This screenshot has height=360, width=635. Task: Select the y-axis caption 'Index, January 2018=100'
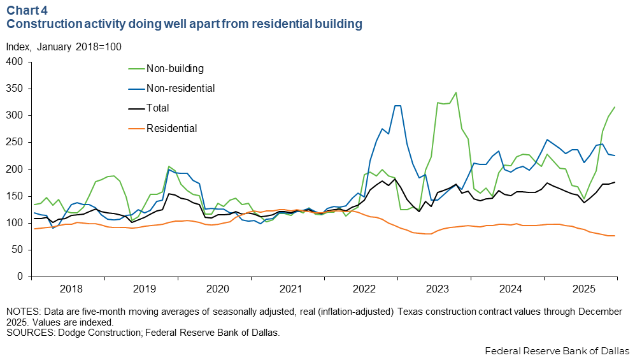(x=64, y=47)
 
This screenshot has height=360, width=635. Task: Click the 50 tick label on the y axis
(x=18, y=250)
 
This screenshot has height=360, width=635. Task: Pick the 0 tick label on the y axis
(x=20, y=277)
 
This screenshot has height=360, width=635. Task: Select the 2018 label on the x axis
(x=71, y=289)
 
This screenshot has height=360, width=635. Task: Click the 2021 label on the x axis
(x=291, y=289)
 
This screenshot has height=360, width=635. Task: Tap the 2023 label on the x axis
(x=438, y=289)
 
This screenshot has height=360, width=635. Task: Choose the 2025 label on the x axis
(x=584, y=289)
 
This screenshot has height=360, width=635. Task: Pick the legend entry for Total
(x=158, y=108)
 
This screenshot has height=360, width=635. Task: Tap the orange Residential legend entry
(x=172, y=128)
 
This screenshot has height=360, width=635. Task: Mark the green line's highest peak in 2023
(x=455, y=92)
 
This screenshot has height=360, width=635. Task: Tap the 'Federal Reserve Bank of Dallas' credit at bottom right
(x=557, y=351)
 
